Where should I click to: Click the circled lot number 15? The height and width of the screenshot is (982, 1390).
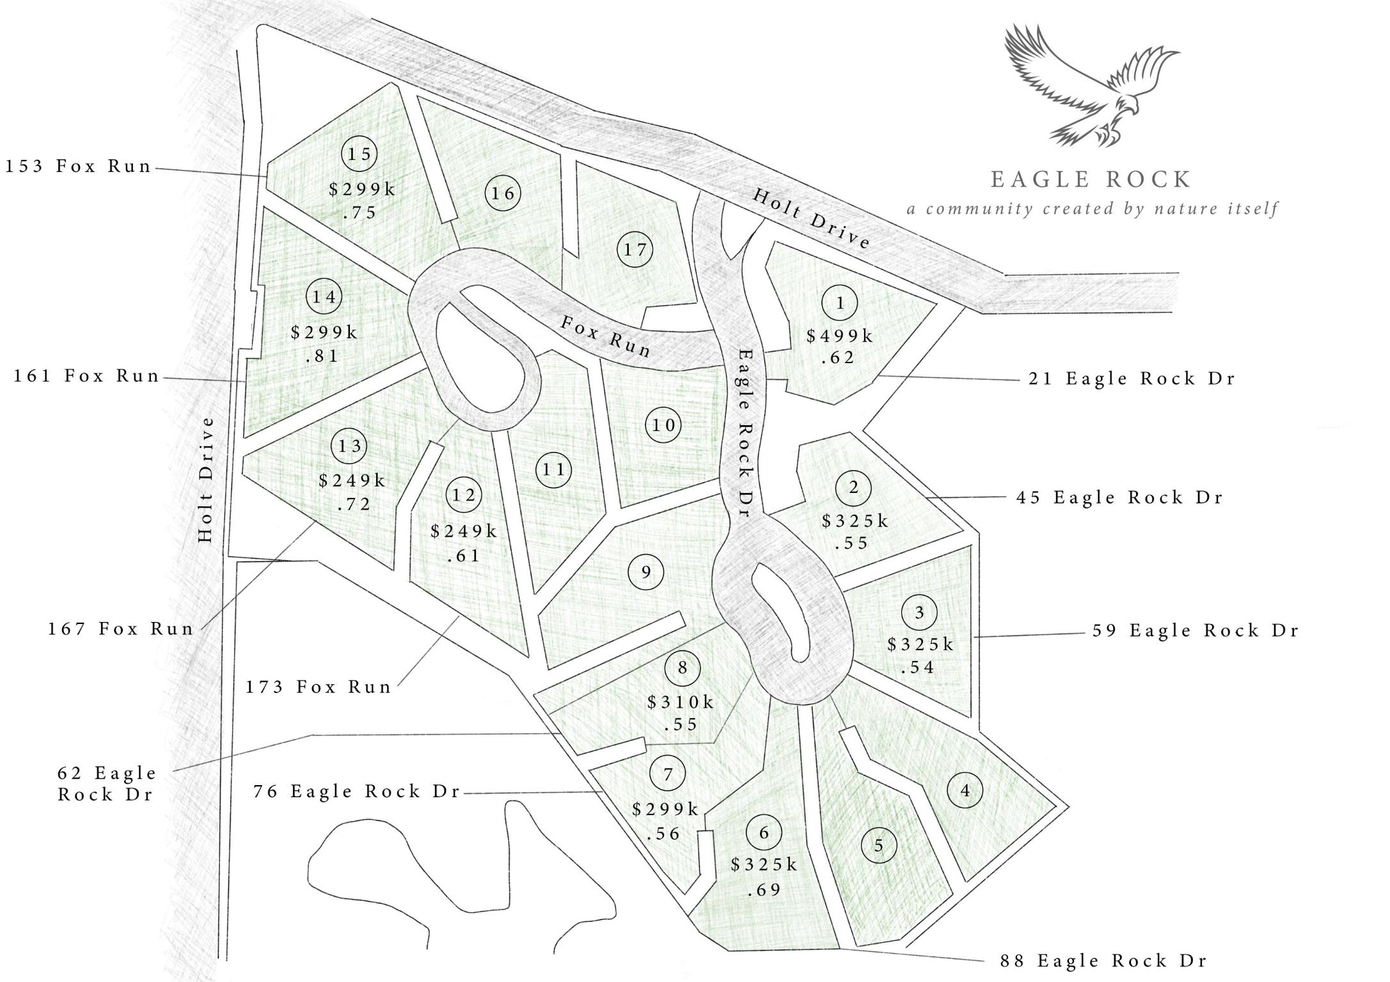pos(359,153)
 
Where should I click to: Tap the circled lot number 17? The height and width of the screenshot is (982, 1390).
pos(635,249)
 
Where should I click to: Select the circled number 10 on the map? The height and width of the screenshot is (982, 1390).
pos(664,425)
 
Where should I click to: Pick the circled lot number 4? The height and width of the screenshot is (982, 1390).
pos(965,791)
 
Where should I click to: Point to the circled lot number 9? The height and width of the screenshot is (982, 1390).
pos(646,572)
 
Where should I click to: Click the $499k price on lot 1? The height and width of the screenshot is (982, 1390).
pos(840,336)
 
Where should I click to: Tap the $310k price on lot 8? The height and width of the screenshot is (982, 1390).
pos(681,703)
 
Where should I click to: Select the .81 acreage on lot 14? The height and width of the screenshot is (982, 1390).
pos(322,356)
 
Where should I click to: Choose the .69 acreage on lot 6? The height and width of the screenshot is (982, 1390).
pos(764,889)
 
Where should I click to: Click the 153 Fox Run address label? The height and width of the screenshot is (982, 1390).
pos(79,166)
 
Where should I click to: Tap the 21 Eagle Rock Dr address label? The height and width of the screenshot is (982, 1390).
pos(1131,378)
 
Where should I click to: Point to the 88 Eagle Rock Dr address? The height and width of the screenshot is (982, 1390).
pos(1103,961)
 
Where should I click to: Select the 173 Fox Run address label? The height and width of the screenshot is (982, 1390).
pos(319,687)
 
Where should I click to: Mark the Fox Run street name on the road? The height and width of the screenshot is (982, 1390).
pos(606,336)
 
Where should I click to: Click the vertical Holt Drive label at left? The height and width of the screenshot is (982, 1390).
pos(205,479)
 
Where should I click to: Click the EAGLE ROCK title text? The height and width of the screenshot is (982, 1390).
pos(1091,180)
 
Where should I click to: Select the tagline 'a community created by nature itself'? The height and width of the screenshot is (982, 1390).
pos(1092,209)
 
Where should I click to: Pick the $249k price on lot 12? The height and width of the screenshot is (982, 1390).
pos(464,531)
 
